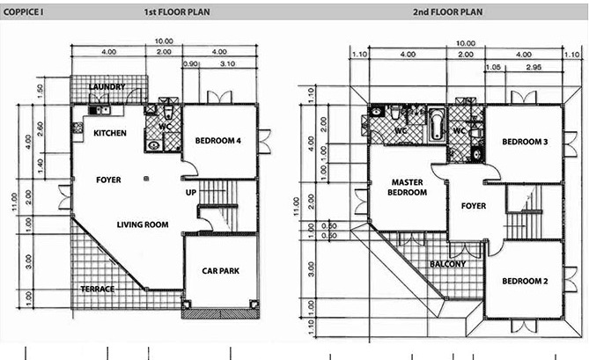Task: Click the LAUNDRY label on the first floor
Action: pos(107,87)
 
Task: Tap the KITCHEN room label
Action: pos(110,133)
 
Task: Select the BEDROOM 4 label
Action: pos(217,141)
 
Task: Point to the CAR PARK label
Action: pos(220,270)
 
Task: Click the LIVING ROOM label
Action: pos(143,224)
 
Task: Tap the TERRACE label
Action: pos(98,289)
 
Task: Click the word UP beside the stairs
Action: pos(191,192)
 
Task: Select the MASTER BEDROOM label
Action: pos(407,187)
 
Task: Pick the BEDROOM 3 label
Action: pos(525,142)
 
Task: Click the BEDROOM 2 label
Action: pos(525,281)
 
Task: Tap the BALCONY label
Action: pos(448,264)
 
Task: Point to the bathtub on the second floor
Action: pos(437,125)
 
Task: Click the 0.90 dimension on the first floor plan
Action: pos(190,64)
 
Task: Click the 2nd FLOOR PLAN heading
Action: pos(448,12)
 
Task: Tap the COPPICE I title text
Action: pos(23,12)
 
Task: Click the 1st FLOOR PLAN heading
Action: pos(177,12)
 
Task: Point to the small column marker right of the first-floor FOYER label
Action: pos(146,179)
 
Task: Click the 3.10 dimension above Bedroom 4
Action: pos(228,64)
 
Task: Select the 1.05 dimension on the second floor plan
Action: pos(493,67)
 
